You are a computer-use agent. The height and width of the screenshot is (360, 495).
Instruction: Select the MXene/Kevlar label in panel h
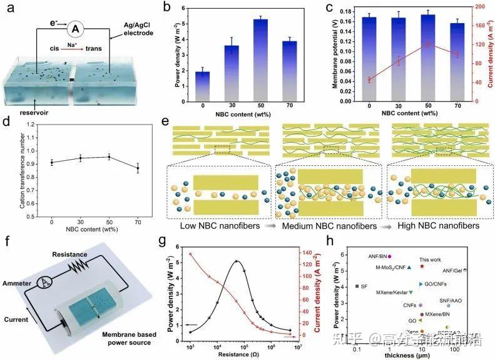[392, 292]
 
